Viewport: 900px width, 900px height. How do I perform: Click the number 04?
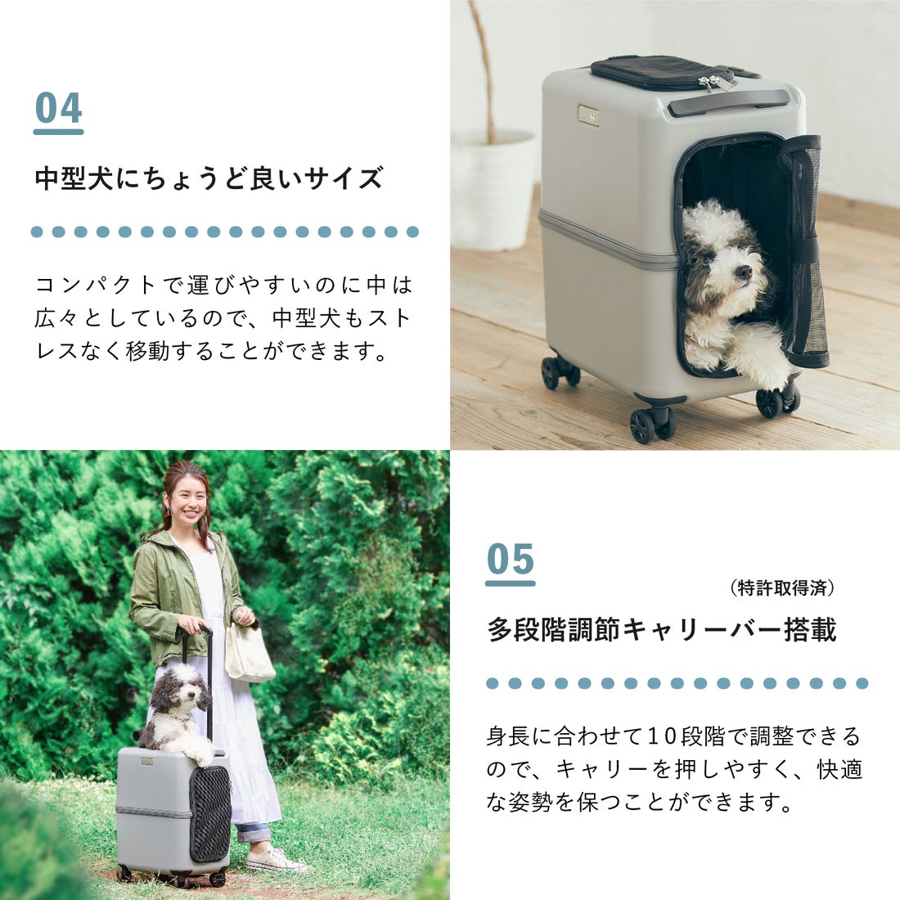point(58,109)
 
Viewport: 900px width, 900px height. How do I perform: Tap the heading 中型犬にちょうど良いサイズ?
point(209,178)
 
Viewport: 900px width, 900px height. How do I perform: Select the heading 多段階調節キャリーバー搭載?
point(662,630)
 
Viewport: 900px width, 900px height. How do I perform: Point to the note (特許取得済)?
point(781,587)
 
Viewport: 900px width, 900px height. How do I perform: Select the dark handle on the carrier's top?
point(731,104)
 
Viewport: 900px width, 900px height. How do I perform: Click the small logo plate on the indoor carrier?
point(588,115)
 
